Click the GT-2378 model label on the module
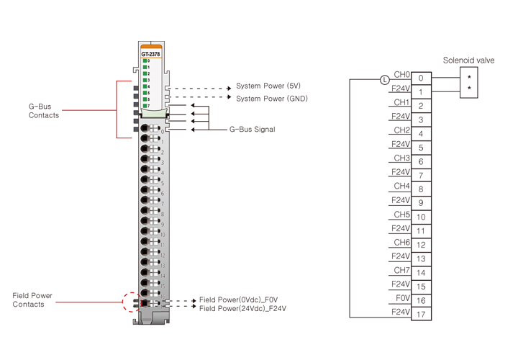point(151,53)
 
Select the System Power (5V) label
point(268,86)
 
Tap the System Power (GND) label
point(272,98)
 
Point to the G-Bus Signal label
point(252,130)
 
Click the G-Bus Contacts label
point(44,111)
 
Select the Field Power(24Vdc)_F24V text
point(242,308)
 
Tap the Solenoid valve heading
point(468,60)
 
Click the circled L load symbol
point(384,78)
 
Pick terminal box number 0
point(421,78)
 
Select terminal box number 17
point(421,314)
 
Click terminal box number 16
point(421,300)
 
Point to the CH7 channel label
point(401,270)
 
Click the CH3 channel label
point(401,158)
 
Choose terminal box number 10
point(421,217)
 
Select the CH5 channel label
point(401,214)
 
